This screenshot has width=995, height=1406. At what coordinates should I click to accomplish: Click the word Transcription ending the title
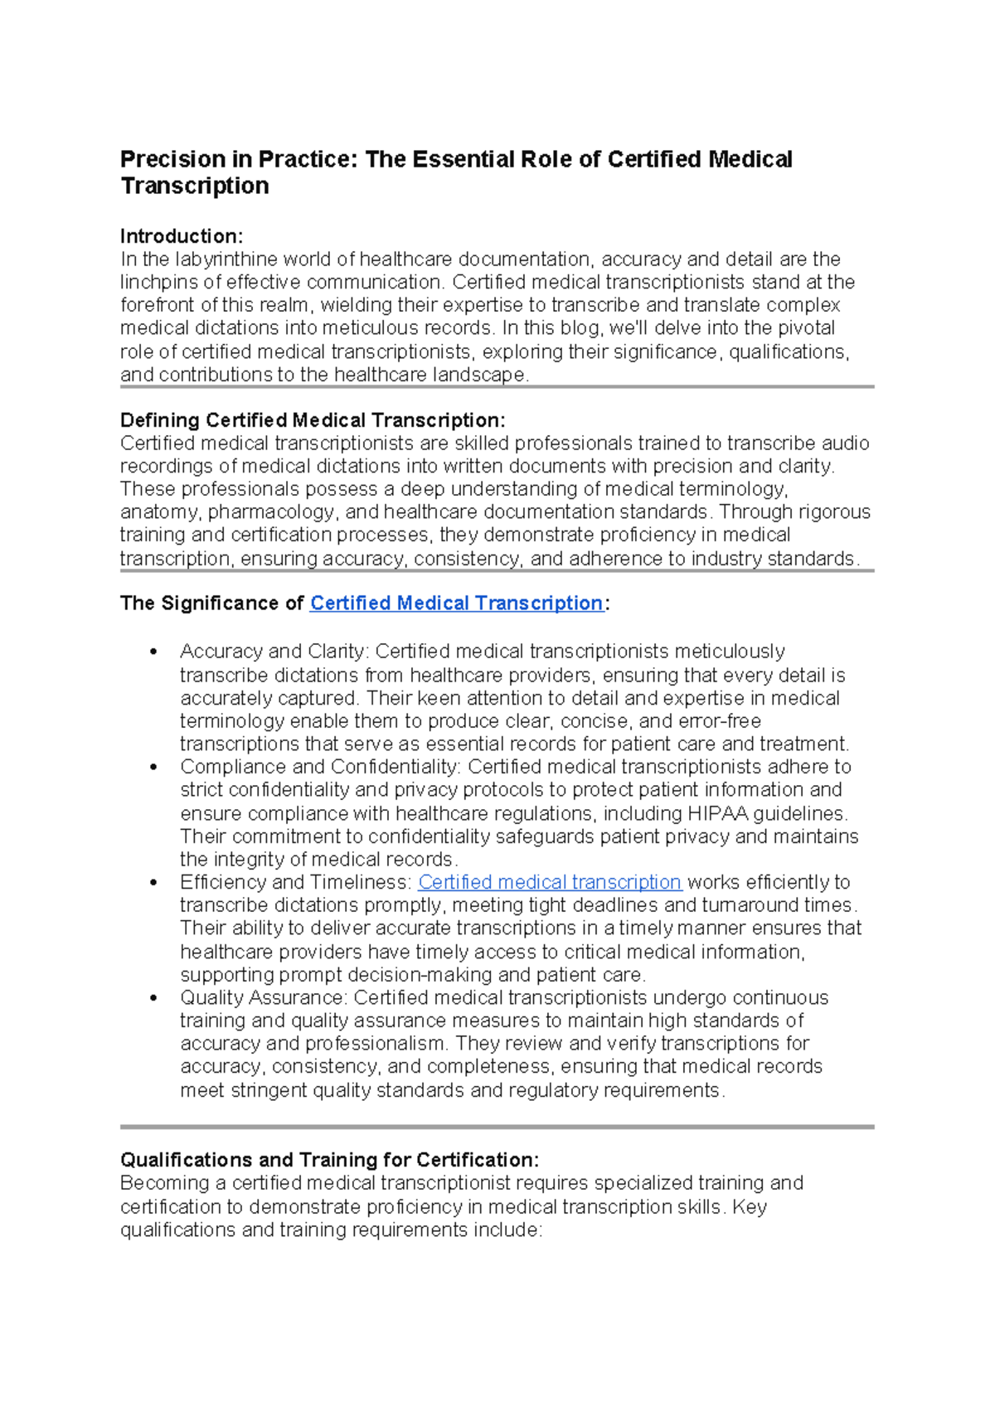tap(195, 186)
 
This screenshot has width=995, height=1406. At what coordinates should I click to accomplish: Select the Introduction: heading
tap(181, 236)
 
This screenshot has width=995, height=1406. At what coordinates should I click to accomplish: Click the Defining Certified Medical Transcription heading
tap(312, 420)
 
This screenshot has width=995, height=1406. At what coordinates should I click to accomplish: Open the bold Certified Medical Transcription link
tap(456, 604)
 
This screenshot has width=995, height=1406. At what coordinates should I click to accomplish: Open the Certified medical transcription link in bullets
tap(549, 882)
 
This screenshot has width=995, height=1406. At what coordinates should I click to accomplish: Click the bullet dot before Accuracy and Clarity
tap(153, 652)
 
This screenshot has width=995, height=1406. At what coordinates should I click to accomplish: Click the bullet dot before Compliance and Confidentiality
tap(153, 768)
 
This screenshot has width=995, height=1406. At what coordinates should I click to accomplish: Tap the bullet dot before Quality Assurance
tap(153, 999)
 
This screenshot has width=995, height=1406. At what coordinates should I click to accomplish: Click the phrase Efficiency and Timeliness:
tap(296, 882)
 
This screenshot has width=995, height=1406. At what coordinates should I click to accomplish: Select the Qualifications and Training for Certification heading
tap(329, 1160)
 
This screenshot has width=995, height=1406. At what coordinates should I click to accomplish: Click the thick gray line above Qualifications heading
tap(497, 1127)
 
